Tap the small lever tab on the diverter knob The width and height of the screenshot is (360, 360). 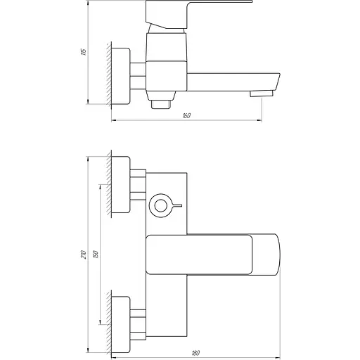coord(176,206)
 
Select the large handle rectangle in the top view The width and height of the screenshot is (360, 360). coord(197,255)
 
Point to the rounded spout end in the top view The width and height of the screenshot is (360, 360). coord(271,255)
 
